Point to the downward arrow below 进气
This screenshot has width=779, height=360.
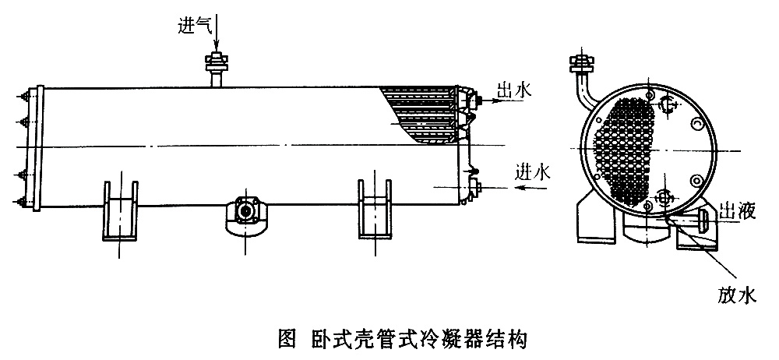[x=217, y=35]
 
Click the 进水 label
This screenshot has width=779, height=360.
[x=533, y=172]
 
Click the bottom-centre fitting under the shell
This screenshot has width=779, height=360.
[x=246, y=214]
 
